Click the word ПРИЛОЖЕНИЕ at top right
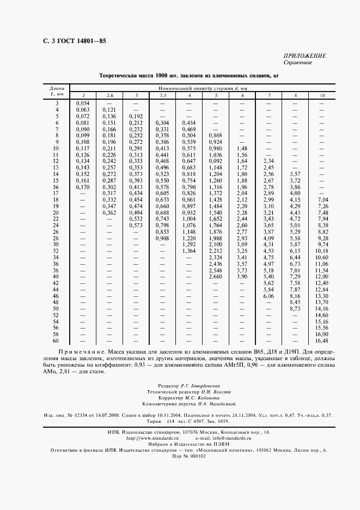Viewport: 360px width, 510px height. [x=304, y=56]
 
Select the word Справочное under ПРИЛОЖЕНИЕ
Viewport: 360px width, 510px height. [x=297, y=63]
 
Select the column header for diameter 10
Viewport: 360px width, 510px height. [x=323, y=95]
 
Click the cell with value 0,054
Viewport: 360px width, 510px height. [x=83, y=102]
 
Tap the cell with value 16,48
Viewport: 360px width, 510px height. [x=322, y=341]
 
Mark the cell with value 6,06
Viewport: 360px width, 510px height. [x=269, y=296]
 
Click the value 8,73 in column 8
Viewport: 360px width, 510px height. [x=295, y=308]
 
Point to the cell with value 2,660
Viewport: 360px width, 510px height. [x=216, y=277]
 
